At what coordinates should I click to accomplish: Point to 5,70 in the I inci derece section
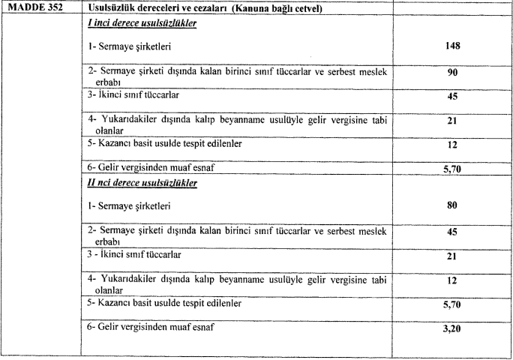[451, 169]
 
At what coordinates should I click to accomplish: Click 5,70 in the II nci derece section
[451, 306]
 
